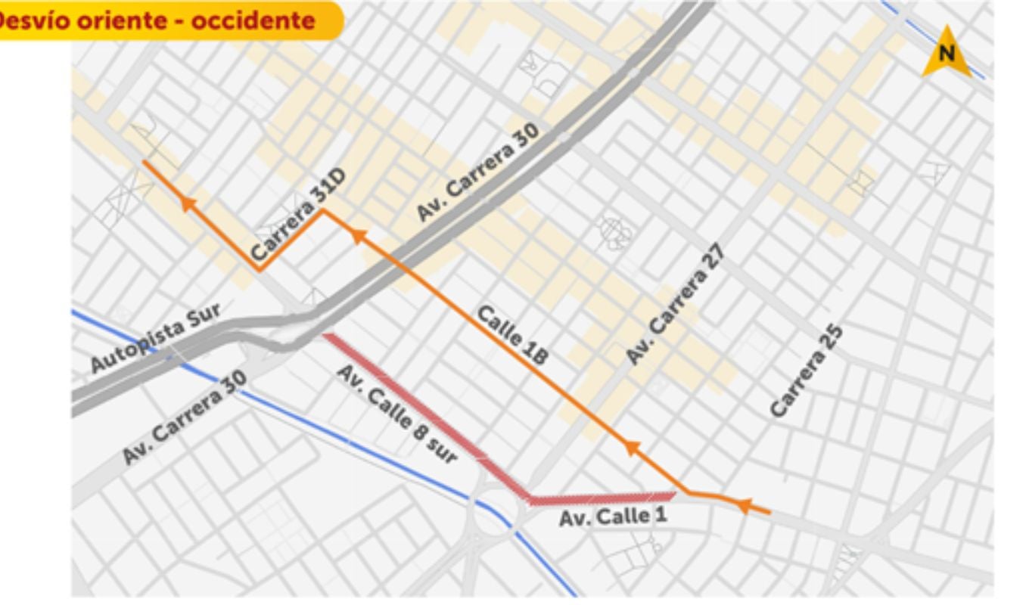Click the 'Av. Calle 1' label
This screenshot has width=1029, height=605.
[605, 517]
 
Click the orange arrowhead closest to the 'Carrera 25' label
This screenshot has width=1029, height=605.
[743, 504]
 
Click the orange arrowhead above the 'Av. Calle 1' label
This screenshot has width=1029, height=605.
[630, 448]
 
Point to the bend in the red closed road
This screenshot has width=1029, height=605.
[528, 498]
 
